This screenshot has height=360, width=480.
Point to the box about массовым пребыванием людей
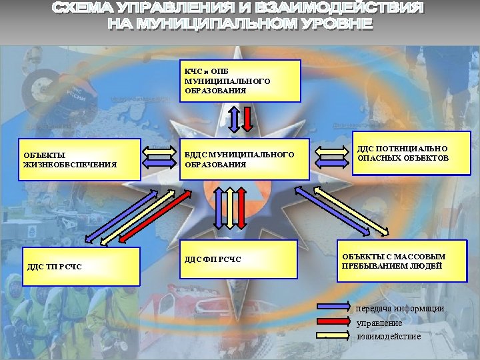coord(400,261)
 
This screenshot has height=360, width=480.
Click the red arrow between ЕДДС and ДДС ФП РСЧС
coord(241,207)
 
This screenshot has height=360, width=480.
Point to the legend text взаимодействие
coord(389,337)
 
